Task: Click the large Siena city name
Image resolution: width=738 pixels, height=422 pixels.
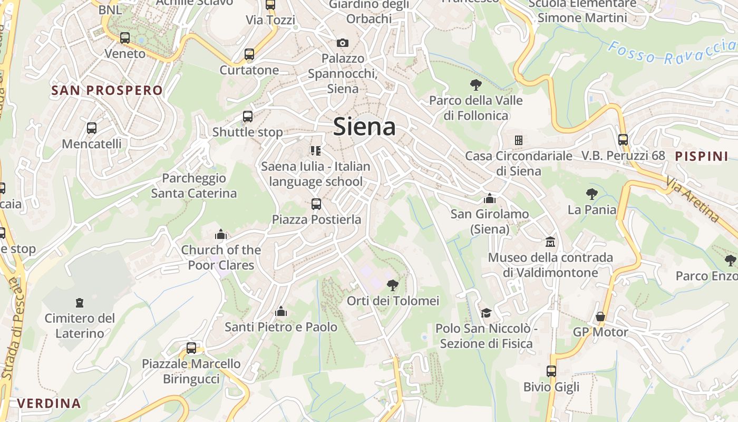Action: tap(364, 127)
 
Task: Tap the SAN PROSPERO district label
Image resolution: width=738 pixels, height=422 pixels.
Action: tap(107, 90)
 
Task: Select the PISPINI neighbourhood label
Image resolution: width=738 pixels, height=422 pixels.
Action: tap(701, 156)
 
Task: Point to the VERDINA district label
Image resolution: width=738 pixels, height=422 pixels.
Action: tap(49, 404)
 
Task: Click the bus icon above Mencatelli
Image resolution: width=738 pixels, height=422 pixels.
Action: tap(92, 128)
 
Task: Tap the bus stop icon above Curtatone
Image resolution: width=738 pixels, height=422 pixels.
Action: tap(249, 54)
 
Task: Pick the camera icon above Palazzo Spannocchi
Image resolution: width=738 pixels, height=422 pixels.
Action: tap(343, 43)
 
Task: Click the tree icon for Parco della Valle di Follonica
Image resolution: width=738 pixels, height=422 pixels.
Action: tap(475, 84)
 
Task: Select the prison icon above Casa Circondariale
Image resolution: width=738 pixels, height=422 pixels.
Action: tap(519, 140)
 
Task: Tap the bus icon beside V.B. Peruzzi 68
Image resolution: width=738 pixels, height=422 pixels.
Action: tap(623, 140)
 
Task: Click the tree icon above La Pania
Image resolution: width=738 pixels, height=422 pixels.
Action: tap(591, 194)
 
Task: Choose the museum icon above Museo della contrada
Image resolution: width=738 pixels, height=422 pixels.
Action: tap(550, 242)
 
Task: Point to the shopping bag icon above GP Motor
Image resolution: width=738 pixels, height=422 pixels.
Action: tap(600, 316)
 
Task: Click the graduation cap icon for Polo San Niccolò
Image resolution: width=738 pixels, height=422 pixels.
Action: tap(486, 313)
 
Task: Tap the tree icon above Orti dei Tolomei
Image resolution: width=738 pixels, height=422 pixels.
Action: tap(393, 285)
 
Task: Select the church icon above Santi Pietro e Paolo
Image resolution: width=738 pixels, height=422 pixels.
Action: tap(281, 312)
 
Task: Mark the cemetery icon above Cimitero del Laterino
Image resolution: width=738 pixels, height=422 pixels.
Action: tap(80, 302)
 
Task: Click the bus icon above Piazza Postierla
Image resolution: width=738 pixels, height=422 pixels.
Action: tap(316, 204)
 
